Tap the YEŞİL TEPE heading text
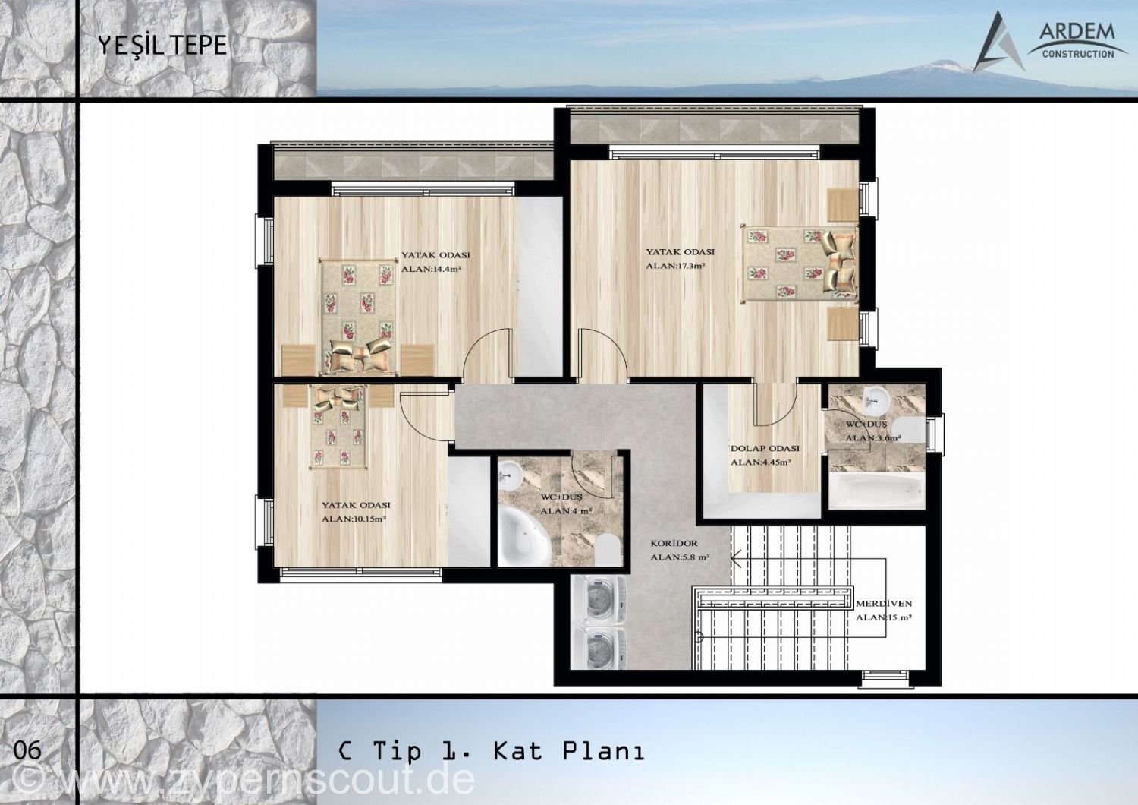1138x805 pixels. [x=162, y=46]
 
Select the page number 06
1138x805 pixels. [x=27, y=751]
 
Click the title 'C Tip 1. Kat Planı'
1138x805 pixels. [x=492, y=751]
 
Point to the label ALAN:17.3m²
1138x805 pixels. [x=675, y=266]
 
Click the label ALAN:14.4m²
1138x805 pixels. [x=431, y=270]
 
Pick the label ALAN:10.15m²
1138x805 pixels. [x=354, y=519]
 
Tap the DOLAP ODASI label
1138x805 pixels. [x=765, y=449]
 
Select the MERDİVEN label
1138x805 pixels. [x=884, y=604]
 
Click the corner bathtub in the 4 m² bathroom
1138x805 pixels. [x=523, y=536]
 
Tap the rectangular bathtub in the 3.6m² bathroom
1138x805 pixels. [x=877, y=491]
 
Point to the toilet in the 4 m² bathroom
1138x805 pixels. [x=608, y=550]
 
